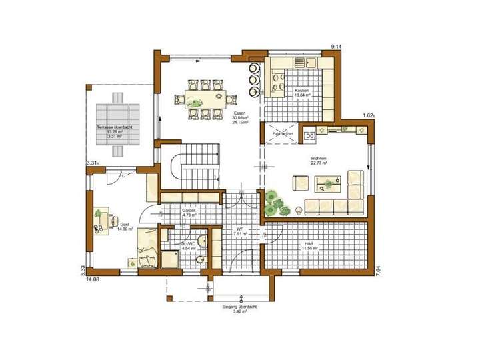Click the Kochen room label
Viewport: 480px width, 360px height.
tap(301, 91)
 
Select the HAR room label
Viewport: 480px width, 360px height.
tap(309, 245)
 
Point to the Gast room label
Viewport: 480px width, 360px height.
tap(125, 225)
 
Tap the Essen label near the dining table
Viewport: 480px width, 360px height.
tap(239, 113)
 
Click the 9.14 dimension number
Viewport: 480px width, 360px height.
tap(337, 45)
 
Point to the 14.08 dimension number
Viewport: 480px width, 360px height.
tap(92, 280)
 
